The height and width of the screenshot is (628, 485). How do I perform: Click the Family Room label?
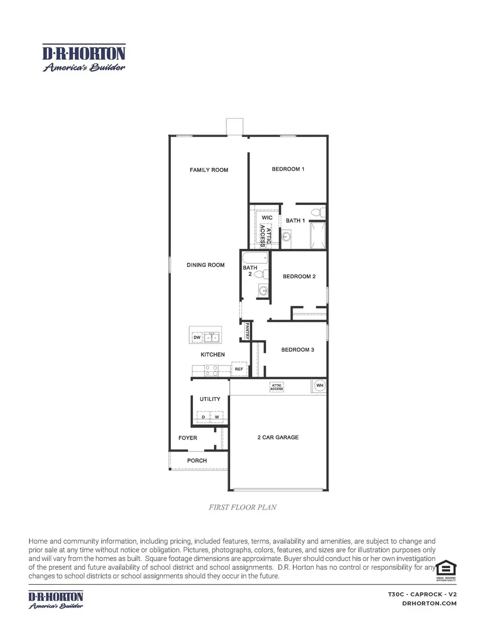(209, 170)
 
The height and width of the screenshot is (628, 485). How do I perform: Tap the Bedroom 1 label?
(288, 169)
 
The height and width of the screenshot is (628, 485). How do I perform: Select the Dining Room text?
(205, 265)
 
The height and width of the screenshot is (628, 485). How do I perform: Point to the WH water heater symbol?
(319, 386)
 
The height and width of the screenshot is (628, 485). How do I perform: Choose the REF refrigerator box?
(239, 369)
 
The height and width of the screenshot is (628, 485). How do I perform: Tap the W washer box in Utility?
(217, 417)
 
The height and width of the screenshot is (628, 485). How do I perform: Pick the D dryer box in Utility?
(203, 417)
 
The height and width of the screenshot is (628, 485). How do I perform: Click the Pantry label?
(247, 331)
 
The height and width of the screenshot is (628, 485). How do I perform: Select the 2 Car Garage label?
(278, 437)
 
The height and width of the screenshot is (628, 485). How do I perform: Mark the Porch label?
(197, 460)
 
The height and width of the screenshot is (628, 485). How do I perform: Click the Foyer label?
(188, 438)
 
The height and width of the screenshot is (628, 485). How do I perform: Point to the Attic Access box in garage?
(276, 387)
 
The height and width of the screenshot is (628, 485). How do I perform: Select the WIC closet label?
(267, 218)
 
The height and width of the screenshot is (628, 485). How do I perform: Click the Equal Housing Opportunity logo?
(446, 571)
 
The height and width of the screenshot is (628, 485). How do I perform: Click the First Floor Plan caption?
(242, 507)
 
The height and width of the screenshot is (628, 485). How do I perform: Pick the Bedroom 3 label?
(297, 350)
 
